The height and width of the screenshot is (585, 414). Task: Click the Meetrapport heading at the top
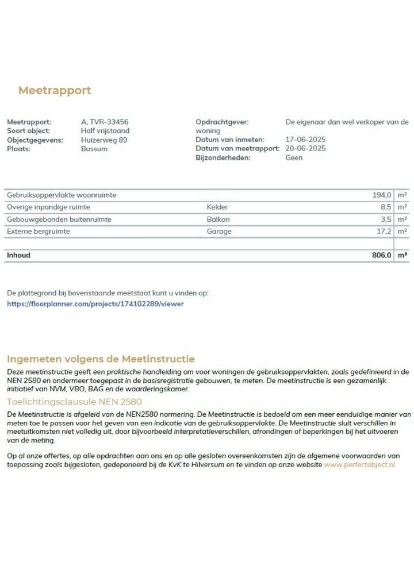pos(55,91)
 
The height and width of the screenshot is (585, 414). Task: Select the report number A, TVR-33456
pos(105,122)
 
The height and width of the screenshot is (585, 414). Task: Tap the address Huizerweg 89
pos(104,140)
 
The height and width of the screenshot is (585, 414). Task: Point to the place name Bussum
pos(94,149)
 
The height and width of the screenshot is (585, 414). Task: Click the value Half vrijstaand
pos(105,131)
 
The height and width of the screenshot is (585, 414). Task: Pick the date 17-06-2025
pos(305,140)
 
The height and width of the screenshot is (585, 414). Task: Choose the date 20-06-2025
pos(305,149)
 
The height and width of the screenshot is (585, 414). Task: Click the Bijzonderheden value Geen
pos(294,157)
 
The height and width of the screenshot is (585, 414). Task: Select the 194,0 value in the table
pos(382,195)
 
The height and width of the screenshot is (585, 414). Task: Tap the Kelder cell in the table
pos(217,207)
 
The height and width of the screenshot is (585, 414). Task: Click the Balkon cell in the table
pos(218,220)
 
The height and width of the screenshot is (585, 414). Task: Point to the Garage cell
pos(219,232)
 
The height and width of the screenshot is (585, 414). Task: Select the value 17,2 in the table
pos(383,232)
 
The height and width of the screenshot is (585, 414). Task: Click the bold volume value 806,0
pos(381,255)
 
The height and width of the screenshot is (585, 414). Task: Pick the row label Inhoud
pos(18,255)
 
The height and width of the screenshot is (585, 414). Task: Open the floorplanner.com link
pos(95,303)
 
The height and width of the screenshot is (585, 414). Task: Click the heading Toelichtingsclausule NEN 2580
pos(74,402)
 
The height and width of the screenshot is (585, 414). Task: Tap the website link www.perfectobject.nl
pos(359,464)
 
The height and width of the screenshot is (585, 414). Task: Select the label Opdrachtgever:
pos(221,122)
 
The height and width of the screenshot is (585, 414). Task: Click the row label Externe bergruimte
pos(39,232)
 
